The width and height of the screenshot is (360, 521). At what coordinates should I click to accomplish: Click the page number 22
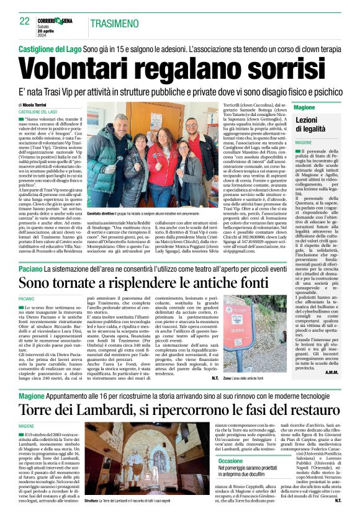click(x=25, y=21)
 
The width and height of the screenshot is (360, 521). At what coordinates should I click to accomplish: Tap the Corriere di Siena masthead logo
click(x=53, y=20)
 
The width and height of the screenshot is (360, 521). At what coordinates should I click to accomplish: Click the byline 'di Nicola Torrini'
click(x=39, y=105)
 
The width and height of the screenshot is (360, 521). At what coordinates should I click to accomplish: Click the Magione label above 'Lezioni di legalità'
click(x=305, y=108)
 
